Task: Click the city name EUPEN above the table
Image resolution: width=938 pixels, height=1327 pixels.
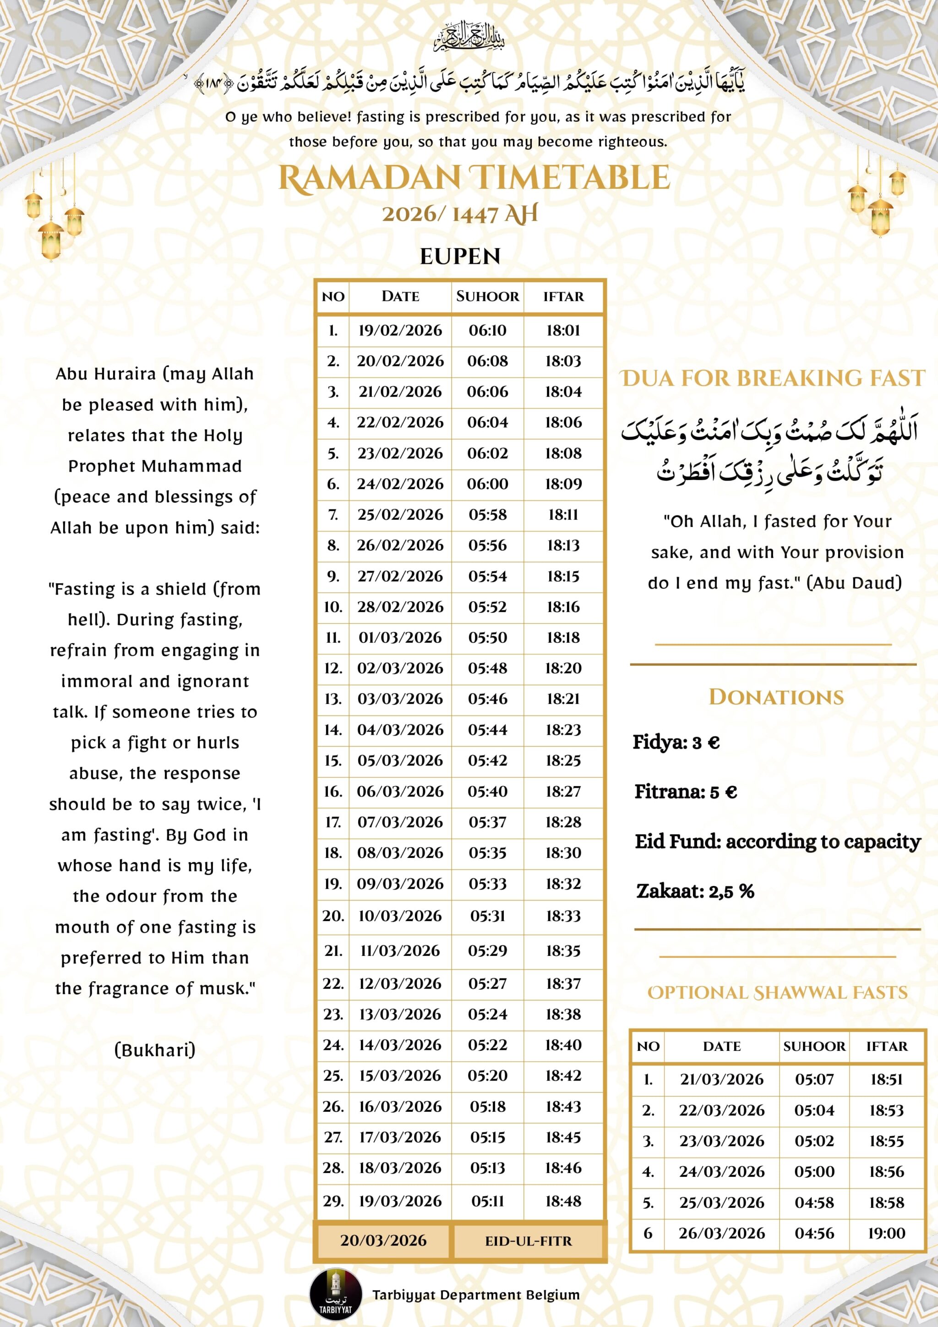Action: [460, 256]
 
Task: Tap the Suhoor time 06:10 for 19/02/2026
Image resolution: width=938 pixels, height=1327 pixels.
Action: [487, 331]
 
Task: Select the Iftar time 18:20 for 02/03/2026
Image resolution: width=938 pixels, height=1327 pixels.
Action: [563, 668]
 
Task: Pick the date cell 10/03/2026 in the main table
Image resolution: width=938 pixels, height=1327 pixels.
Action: [400, 916]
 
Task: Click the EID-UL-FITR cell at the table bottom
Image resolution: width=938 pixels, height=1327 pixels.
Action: [528, 1241]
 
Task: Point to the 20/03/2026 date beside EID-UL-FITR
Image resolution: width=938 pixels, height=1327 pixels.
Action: [383, 1241]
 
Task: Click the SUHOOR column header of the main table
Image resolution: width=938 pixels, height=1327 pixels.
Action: [487, 296]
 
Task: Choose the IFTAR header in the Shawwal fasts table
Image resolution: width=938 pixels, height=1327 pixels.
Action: [887, 1046]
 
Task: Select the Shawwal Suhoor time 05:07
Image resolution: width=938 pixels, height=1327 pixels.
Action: [814, 1079]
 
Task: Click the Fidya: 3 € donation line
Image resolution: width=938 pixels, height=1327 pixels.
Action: [676, 742]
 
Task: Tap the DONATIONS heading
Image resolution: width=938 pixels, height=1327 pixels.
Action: [776, 697]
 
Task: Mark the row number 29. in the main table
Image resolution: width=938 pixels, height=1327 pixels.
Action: [333, 1201]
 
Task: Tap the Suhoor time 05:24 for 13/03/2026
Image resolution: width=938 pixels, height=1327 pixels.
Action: [487, 1014]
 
